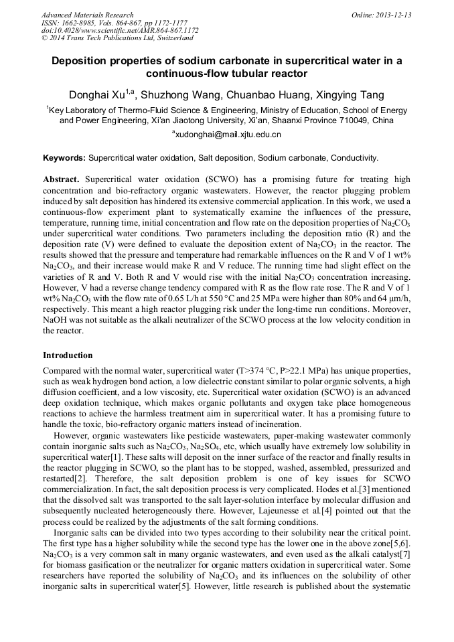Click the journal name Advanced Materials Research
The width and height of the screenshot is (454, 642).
pyautogui.click(x=87, y=15)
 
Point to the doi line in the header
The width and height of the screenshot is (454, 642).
pyautogui.click(x=120, y=30)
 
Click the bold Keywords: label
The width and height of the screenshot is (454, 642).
pyautogui.click(x=64, y=159)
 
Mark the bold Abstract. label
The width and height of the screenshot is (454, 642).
pyautogui.click(x=62, y=180)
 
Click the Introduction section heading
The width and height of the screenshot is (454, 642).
pyautogui.click(x=68, y=355)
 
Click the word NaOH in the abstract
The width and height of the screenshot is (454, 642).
pyautogui.click(x=56, y=321)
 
